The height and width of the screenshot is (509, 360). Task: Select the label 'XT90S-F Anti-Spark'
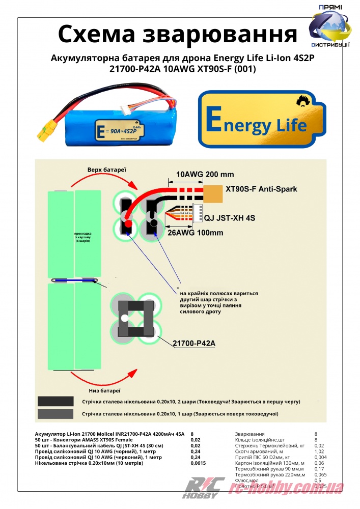(x=261, y=189)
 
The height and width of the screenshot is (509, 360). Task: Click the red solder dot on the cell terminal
(x=128, y=223)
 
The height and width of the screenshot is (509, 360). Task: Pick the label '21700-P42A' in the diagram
(x=195, y=344)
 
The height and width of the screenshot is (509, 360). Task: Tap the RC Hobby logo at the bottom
(x=202, y=489)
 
